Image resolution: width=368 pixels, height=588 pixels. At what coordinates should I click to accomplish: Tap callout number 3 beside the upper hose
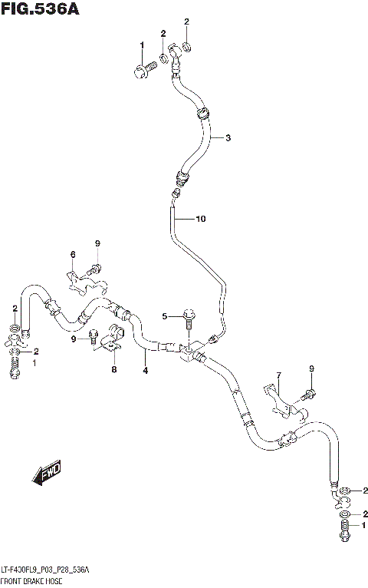(228, 138)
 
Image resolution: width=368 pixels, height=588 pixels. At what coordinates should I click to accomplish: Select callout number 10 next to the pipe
(201, 220)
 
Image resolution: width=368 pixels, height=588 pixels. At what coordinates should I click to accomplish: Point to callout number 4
(144, 373)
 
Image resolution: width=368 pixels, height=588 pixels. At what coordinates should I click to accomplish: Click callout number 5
(163, 316)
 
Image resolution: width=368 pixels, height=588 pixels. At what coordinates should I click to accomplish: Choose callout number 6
(73, 254)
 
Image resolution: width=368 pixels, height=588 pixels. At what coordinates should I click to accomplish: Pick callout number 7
(279, 375)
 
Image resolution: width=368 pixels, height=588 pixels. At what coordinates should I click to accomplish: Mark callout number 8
(113, 370)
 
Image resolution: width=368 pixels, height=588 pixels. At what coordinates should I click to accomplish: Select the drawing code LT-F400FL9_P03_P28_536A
(46, 570)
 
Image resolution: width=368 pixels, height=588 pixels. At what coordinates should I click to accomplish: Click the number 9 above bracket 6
(98, 244)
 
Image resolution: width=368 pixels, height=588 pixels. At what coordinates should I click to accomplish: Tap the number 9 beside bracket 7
(313, 370)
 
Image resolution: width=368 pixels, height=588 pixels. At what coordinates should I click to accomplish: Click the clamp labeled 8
(113, 340)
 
